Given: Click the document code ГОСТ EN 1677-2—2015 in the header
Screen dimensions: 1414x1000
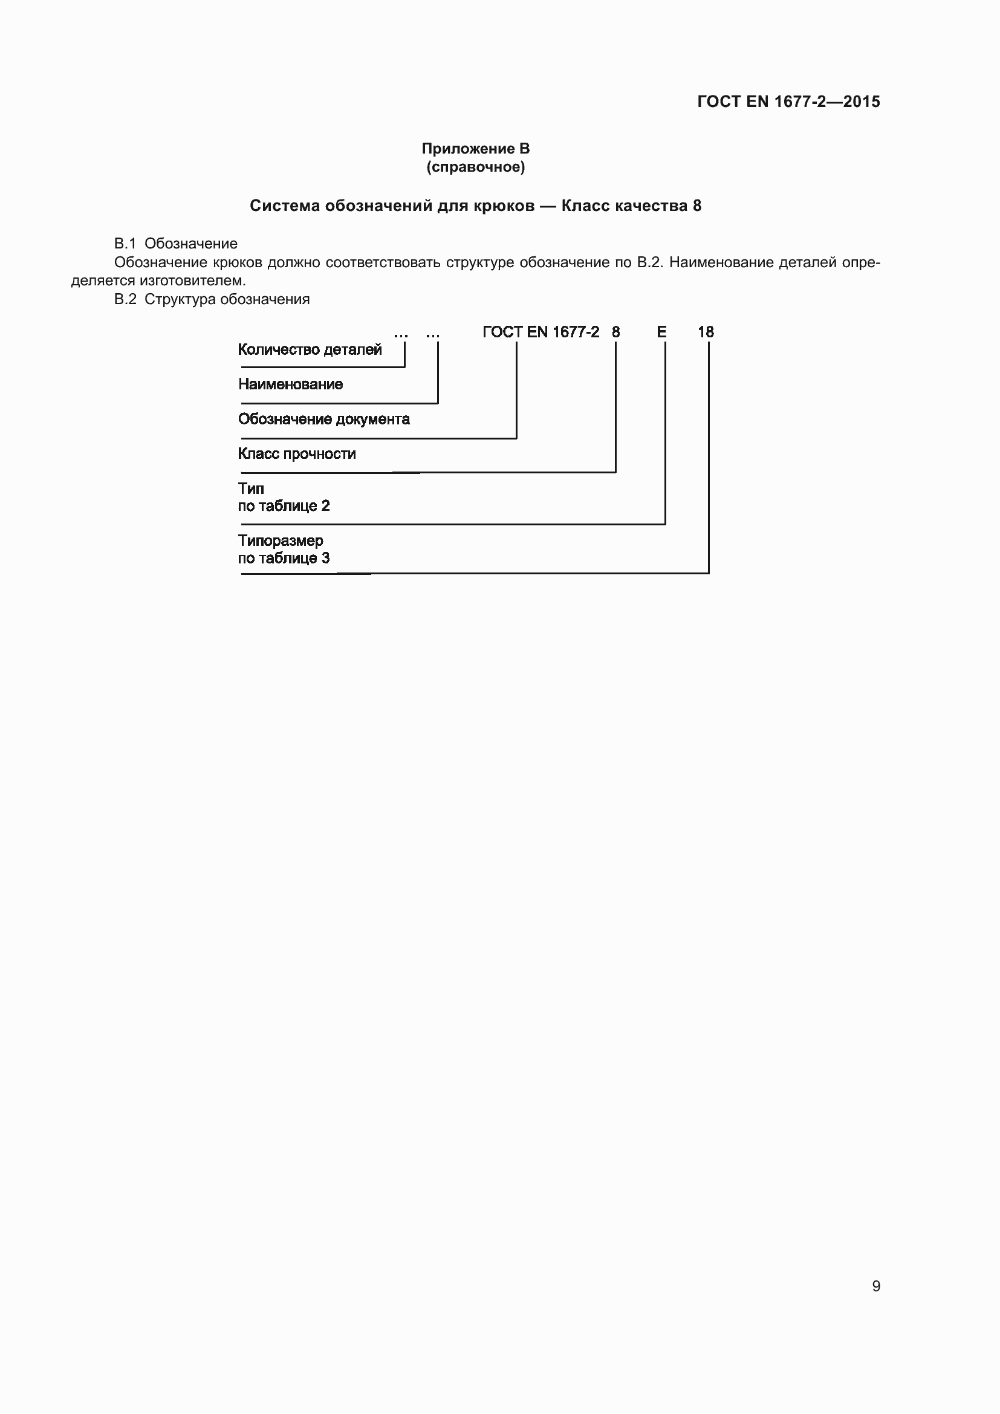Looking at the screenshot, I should [x=788, y=102].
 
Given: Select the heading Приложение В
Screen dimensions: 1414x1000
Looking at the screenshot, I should [x=475, y=149].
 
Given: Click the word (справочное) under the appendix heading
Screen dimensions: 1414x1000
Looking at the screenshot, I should [x=475, y=167].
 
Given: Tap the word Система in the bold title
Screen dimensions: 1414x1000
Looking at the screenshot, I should [x=285, y=206].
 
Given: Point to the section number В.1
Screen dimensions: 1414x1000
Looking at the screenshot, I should [x=125, y=244].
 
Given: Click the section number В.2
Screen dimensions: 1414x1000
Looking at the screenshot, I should [x=125, y=299].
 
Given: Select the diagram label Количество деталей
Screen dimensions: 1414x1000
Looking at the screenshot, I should [x=310, y=350].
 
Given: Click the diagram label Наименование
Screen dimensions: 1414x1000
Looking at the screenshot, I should [x=290, y=384].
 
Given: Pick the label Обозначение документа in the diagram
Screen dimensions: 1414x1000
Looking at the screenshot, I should [x=324, y=420].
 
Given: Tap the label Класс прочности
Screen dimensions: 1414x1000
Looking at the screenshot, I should [x=297, y=454].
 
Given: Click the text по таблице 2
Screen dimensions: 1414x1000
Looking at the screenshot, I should [x=284, y=506].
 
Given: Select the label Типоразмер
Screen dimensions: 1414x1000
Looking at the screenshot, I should [x=280, y=540].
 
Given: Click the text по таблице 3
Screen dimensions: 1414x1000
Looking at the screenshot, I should [x=284, y=559].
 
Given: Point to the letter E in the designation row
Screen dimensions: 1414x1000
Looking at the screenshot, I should [x=661, y=332].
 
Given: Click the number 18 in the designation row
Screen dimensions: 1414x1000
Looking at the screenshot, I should [x=706, y=332].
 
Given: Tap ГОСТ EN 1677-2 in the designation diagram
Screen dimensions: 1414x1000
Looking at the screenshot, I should [x=541, y=332].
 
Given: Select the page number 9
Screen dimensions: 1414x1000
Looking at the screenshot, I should [x=876, y=1286].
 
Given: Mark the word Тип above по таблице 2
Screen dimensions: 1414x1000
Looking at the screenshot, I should [x=251, y=489].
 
